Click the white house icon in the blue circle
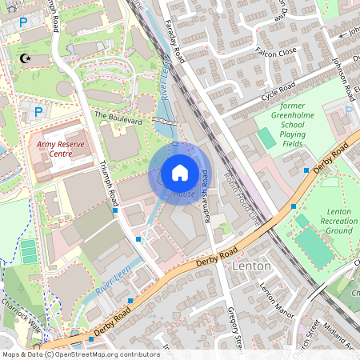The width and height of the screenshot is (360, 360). click(x=180, y=173)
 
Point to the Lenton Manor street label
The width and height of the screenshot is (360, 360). click(x=273, y=300)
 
